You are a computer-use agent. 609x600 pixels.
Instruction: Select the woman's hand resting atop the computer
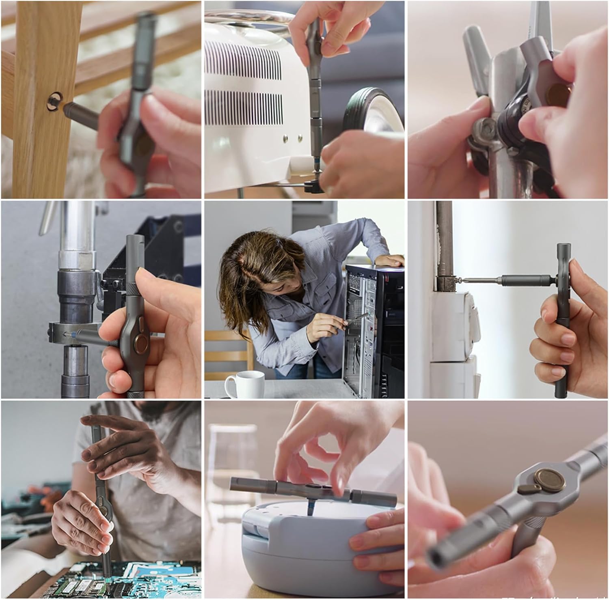[x=390, y=260]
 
